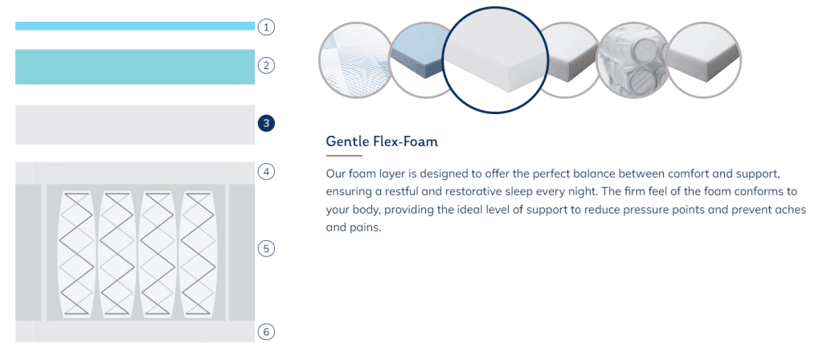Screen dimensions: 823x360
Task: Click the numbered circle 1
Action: point(266,27)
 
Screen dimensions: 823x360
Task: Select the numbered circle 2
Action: point(266,66)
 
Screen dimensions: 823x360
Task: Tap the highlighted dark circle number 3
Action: point(266,124)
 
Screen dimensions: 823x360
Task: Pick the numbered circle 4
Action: point(266,171)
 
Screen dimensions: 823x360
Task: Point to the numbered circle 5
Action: point(266,248)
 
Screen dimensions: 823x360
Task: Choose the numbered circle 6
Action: point(266,332)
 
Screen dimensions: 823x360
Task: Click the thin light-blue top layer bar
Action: point(135,26)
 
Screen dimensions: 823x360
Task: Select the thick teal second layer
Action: point(135,67)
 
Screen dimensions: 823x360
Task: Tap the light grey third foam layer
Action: point(135,125)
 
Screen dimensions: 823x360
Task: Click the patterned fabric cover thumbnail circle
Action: point(354,59)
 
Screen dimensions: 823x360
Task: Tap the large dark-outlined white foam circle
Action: point(494,59)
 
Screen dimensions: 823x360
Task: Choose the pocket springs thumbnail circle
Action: point(633,59)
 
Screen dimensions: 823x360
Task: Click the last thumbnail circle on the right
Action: point(704,59)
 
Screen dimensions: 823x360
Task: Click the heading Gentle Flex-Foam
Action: point(382,141)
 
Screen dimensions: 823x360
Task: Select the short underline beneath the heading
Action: point(344,156)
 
